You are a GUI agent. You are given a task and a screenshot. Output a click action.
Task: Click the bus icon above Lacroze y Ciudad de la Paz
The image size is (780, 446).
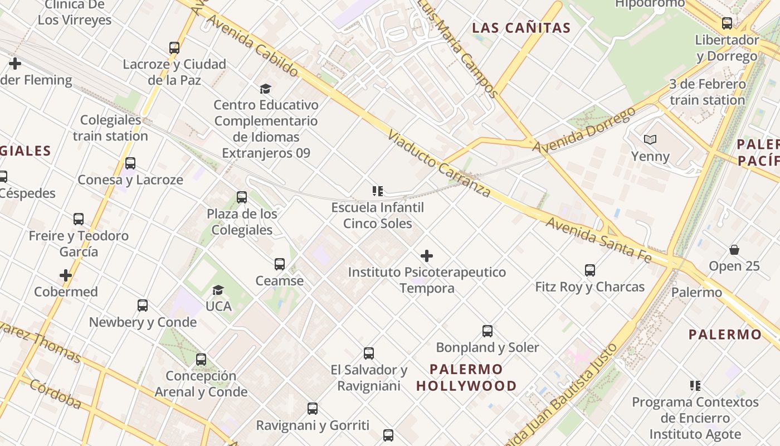tap(174, 48)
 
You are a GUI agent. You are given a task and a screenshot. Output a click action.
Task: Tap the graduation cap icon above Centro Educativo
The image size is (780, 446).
tap(265, 89)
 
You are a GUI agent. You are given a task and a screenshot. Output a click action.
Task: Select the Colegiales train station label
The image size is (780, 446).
tap(110, 128)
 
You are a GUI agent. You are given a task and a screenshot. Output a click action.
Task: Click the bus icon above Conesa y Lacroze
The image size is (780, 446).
tap(130, 163)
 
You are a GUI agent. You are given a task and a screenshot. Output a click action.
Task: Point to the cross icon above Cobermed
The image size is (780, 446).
tap(66, 275)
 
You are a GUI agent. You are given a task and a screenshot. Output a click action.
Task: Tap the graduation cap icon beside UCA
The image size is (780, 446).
tap(218, 290)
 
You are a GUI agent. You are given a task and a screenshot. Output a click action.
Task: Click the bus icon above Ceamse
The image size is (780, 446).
tap(280, 264)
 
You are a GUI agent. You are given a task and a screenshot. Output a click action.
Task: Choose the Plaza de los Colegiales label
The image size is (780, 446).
tap(242, 221)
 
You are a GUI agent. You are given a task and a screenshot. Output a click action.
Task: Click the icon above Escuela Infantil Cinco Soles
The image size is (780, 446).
tap(378, 191)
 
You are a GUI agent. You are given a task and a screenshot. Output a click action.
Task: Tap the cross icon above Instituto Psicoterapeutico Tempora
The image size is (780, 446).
tap(427, 256)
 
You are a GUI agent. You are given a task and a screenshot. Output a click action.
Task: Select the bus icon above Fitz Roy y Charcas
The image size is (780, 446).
tap(590, 270)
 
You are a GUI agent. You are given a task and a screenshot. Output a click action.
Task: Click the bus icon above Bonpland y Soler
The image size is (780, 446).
tap(487, 331)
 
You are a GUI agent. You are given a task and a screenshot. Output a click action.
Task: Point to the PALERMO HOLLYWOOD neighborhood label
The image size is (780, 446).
tap(466, 377)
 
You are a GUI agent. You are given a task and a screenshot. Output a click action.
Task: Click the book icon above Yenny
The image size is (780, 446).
tap(650, 139)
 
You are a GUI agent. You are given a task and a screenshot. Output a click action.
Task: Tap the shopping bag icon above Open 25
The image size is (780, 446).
tap(734, 250)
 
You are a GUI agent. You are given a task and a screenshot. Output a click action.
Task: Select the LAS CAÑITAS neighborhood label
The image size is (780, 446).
tap(521, 28)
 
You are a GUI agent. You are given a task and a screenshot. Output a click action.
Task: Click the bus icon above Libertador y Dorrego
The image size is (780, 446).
tap(727, 23)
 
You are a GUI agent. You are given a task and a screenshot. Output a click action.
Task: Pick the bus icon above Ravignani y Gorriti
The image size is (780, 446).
tap(313, 409)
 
